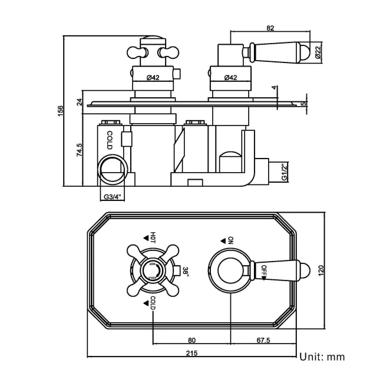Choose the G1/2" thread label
pos(283,173)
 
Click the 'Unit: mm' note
pos(322,356)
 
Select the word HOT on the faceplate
pos(153,237)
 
